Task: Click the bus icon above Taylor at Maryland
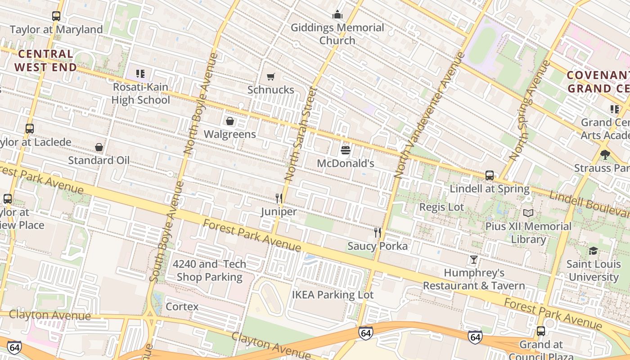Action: click(56, 16)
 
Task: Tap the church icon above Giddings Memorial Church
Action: click(337, 14)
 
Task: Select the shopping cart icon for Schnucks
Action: click(270, 76)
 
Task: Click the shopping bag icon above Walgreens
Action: click(230, 121)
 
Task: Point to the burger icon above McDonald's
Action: click(346, 150)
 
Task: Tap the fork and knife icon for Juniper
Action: click(279, 198)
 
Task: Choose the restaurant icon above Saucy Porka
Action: click(378, 233)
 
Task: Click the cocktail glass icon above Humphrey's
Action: click(474, 260)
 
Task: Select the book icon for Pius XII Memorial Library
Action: click(528, 213)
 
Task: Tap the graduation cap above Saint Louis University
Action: click(593, 251)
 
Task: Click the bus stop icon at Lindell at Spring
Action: click(490, 175)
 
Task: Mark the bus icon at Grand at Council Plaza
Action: click(541, 331)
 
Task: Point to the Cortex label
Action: click(182, 306)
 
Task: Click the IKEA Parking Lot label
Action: click(333, 295)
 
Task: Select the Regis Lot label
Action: click(441, 207)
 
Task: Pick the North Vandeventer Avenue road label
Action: click(430, 115)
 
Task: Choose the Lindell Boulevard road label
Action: click(589, 203)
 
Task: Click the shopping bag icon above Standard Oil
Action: click(99, 147)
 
